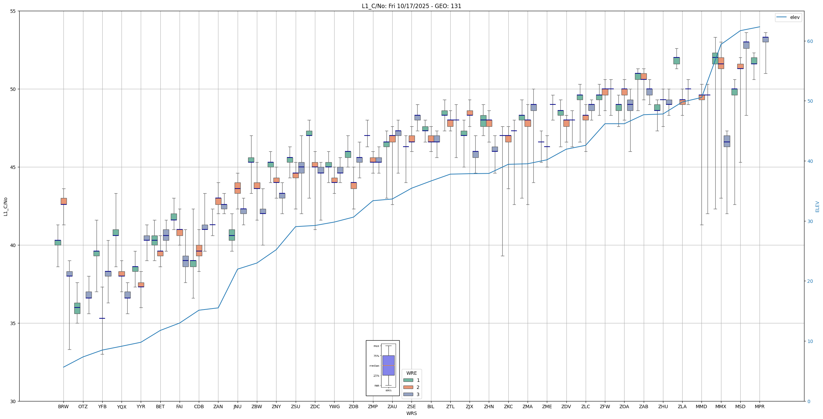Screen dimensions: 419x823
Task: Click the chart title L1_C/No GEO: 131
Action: click(411, 6)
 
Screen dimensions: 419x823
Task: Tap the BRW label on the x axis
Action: click(63, 406)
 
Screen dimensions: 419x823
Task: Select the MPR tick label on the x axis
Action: click(760, 406)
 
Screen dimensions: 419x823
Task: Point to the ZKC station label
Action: click(508, 406)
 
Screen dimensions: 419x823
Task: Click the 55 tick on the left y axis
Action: click(14, 11)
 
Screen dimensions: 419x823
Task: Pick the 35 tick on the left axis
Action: click(14, 323)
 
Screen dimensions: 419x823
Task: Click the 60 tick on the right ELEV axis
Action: click(810, 41)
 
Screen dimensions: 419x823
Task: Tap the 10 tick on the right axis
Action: click(810, 341)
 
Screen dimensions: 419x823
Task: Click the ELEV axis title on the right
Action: click(817, 206)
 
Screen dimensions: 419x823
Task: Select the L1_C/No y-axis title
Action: click(5, 206)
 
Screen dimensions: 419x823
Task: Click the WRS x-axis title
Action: click(411, 413)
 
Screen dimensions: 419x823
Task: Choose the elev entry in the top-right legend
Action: click(795, 17)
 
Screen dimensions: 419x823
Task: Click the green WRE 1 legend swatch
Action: click(408, 380)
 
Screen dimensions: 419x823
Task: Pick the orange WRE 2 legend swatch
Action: click(408, 387)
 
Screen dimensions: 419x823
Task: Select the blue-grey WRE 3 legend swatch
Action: click(408, 394)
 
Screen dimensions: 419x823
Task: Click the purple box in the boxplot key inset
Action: click(388, 365)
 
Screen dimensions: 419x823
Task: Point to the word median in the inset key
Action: click(374, 366)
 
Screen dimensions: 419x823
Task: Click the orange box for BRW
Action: click(63, 201)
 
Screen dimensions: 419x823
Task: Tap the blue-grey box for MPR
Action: click(765, 40)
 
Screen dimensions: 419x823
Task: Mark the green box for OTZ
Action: click(77, 308)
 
